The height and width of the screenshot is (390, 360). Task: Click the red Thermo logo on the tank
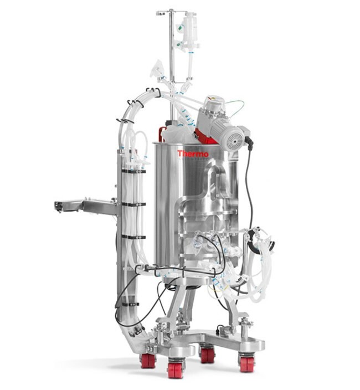[193, 153]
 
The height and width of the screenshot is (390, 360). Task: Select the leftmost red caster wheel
[148, 361]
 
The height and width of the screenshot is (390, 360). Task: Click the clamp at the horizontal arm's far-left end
[58, 207]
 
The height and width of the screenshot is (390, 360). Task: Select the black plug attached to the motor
[249, 141]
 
